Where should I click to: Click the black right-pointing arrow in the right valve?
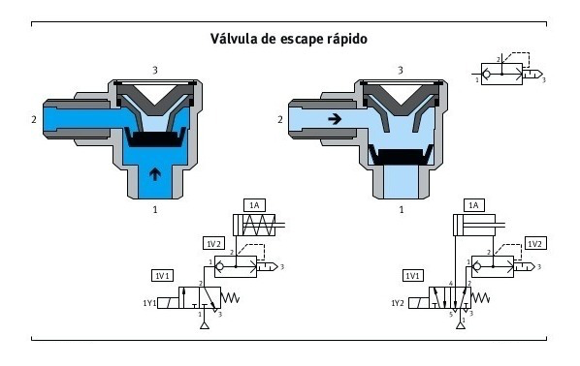point(332,120)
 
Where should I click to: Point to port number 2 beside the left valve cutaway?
point(35,121)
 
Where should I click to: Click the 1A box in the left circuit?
point(254,205)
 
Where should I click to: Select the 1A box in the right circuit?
point(474,205)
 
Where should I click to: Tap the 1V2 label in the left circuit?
point(215,242)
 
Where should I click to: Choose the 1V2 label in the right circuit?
point(535,242)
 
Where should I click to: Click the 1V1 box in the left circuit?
point(163,275)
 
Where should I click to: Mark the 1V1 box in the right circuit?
point(413,275)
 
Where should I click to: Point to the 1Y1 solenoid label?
point(149,302)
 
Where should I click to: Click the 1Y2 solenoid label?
point(398,303)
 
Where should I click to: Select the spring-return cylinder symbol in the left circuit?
point(254,226)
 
